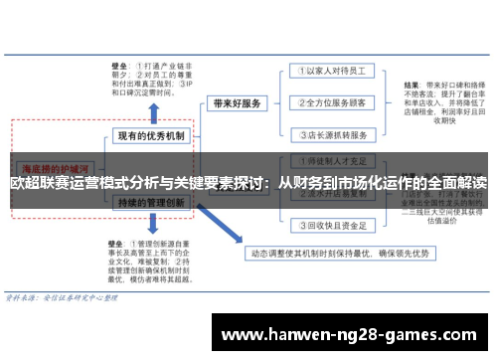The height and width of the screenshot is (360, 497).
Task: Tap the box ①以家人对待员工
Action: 334,71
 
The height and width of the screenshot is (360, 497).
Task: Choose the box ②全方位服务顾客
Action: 334,102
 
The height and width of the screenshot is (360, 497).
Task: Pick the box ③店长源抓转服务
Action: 334,134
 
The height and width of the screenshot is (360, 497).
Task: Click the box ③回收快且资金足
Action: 334,225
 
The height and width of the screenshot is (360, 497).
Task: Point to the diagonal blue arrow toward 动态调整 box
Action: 224,224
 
